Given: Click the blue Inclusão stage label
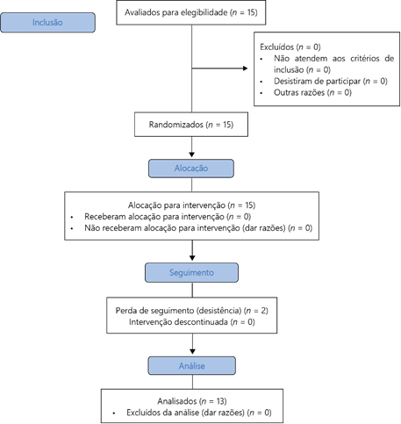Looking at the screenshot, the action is coord(47,23).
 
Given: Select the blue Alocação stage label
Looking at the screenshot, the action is coord(191,169).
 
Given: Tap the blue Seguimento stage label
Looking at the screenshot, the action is coord(191,272).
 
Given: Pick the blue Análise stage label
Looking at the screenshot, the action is coord(191,366).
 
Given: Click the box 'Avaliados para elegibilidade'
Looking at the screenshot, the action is coord(191,12).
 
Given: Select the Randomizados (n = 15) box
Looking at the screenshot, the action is coord(191,125).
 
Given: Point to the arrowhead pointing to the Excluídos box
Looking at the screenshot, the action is coord(245,68).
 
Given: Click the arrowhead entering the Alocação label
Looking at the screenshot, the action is coord(192,155).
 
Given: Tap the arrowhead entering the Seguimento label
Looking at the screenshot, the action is coord(192,258).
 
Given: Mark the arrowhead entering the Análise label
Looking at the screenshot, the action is coord(192,351).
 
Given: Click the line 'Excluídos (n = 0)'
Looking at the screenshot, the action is coord(290,47).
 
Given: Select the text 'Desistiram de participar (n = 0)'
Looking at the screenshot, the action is coord(331,81).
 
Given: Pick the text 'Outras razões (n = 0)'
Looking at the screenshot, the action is coord(312,92).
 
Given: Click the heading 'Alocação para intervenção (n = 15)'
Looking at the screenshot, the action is coord(191,205).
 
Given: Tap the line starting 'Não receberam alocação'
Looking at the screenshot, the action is coord(198,228).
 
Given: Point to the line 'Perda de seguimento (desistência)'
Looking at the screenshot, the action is coord(191,311).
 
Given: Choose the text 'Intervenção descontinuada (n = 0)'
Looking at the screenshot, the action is coord(191,322).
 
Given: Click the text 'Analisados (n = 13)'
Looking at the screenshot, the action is coord(192,401).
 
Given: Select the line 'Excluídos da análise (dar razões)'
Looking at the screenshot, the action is coord(199,413).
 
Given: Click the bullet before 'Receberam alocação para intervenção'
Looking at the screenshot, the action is coord(72,217).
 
